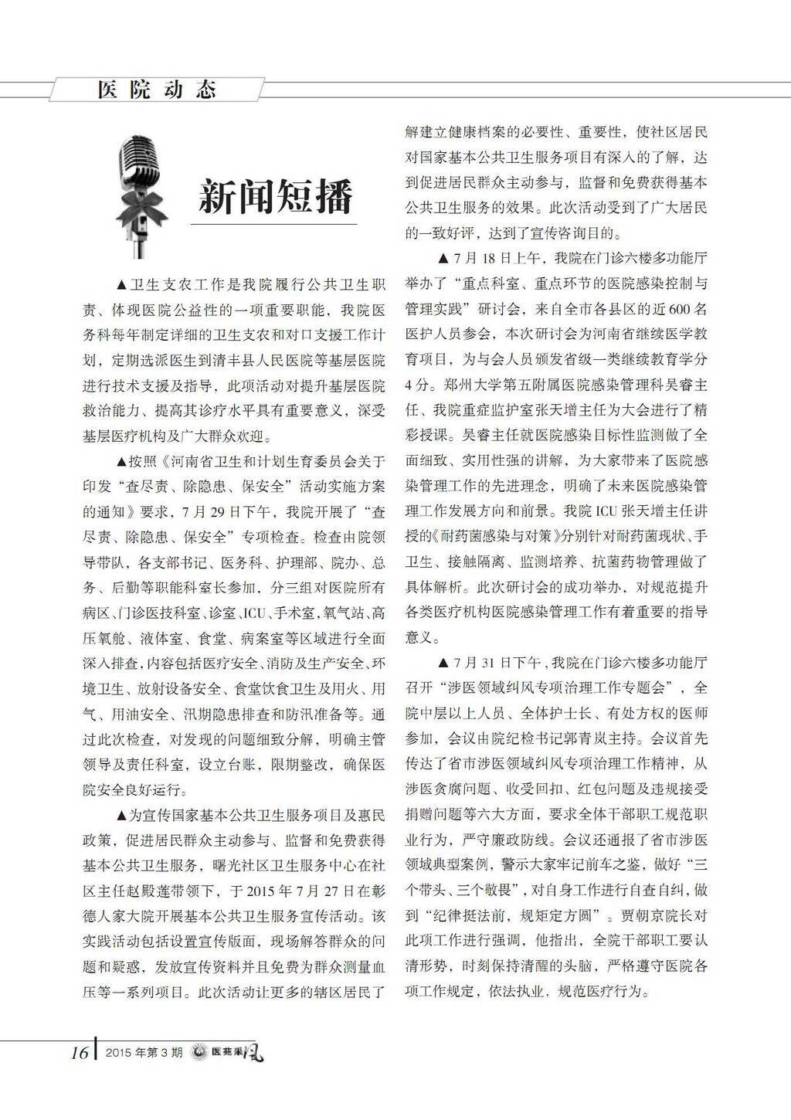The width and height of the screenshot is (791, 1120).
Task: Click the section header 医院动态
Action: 157,90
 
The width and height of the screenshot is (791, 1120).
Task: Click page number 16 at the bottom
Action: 80,1053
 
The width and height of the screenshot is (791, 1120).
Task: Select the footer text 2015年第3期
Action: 144,1054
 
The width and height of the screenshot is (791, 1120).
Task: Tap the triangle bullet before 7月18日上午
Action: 443,259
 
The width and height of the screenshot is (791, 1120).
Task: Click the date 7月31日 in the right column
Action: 482,662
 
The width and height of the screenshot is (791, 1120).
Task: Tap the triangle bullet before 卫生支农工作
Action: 121,284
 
